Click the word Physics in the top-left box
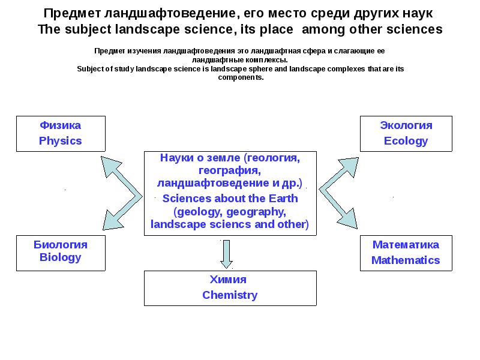pos(60,141)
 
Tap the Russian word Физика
pos(60,125)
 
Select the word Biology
pos(60,257)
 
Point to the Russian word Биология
pos(60,244)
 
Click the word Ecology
pos(406,141)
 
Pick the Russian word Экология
pos(406,125)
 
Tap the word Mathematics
pos(406,260)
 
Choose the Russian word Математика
pos(406,244)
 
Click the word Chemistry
pos(230,295)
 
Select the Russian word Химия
pos(228,279)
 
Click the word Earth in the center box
pos(284,199)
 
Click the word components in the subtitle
pos(241,77)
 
